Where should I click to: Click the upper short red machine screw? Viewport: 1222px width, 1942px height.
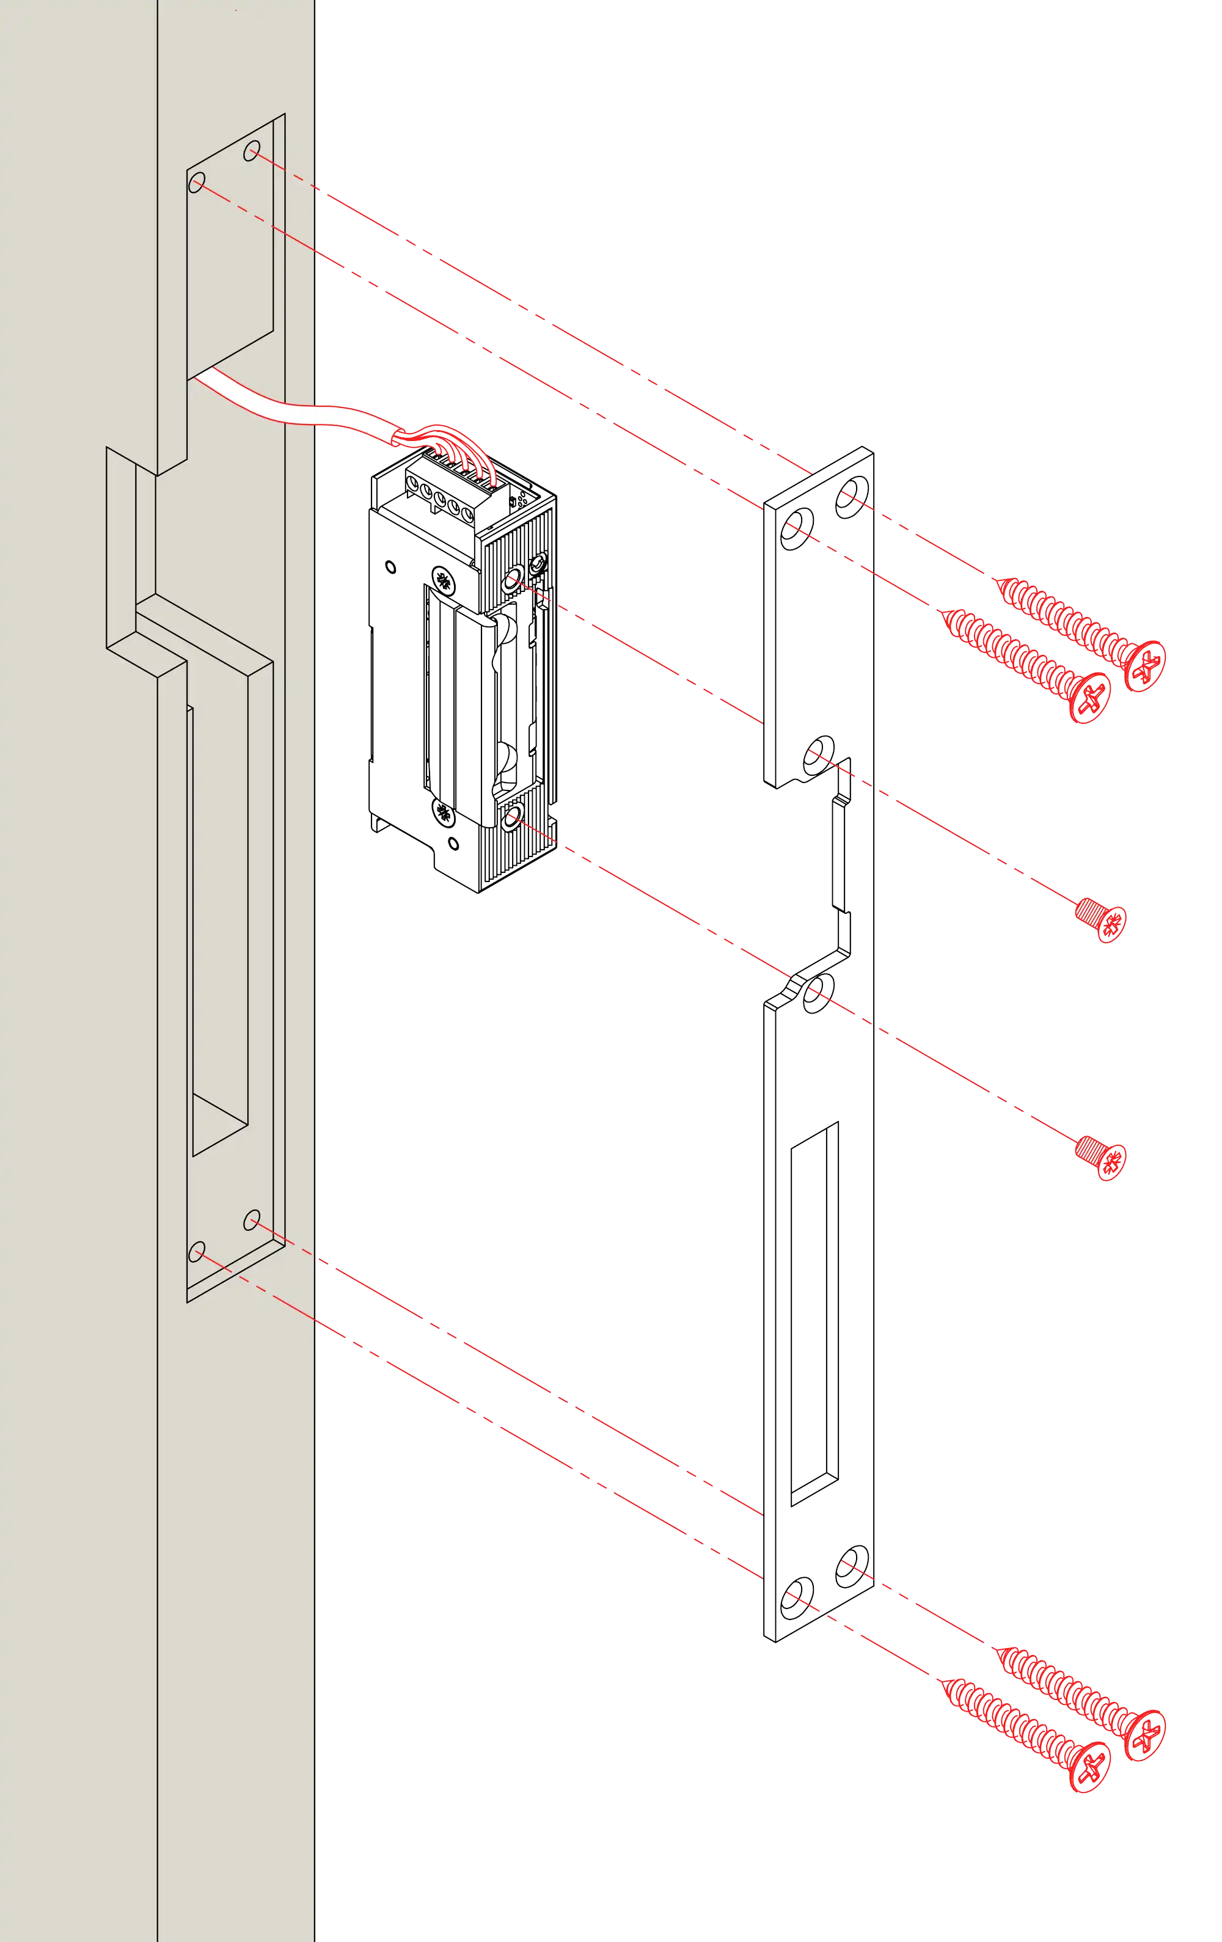coord(1101,919)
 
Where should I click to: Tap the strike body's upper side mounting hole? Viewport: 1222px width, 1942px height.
coord(511,579)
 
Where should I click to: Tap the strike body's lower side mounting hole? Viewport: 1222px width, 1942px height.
coord(511,820)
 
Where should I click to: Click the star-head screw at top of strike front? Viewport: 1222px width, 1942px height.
coord(442,579)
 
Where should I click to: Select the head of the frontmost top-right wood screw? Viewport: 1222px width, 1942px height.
coord(1089,697)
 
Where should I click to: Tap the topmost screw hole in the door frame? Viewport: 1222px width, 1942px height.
coord(252,151)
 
